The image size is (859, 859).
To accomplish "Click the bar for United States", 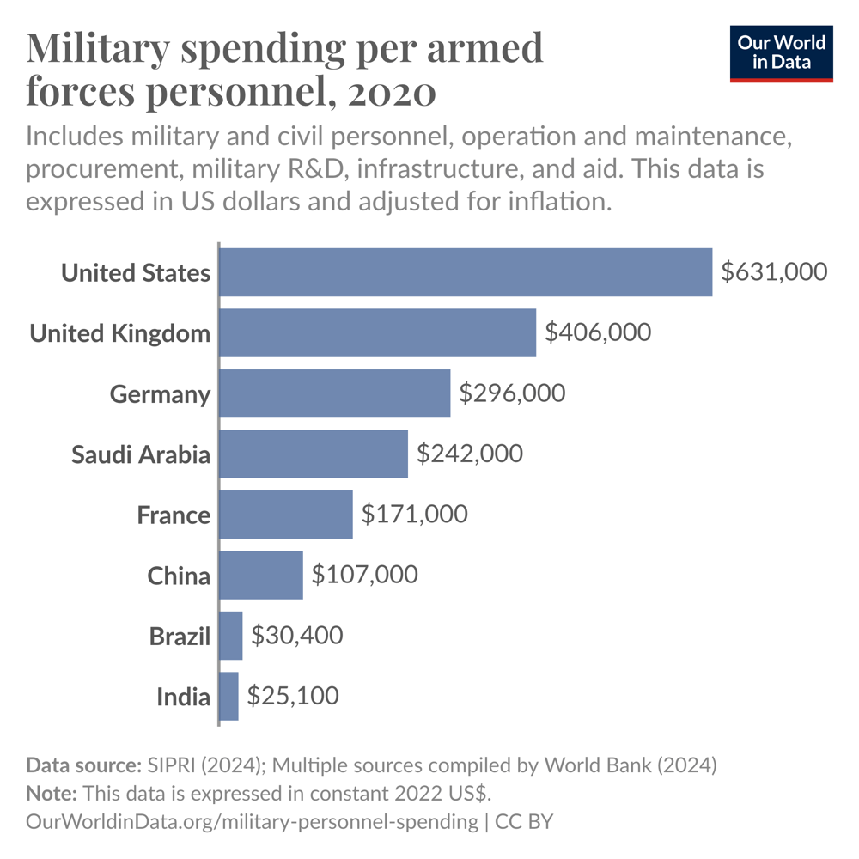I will pos(466,272).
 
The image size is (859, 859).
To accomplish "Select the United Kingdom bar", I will pos(378,332).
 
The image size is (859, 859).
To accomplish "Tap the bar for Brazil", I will pos(231,636).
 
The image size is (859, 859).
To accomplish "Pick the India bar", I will pos(229,696).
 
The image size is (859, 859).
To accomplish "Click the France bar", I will pos(286,515).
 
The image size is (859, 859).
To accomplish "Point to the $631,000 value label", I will pos(774,272).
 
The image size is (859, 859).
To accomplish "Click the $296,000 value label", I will pos(512,393).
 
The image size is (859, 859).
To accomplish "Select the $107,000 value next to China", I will pos(364,575).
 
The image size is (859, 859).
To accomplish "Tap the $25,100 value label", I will pos(292,696).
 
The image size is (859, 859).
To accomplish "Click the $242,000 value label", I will pos(469,454).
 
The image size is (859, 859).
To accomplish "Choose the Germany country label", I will pos(160,394).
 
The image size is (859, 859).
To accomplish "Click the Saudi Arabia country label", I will pos(140,454).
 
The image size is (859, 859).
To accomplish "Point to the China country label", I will pos(178,576).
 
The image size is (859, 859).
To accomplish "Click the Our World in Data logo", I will pos(782,53).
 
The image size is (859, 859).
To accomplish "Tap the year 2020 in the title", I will pos(392,92).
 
